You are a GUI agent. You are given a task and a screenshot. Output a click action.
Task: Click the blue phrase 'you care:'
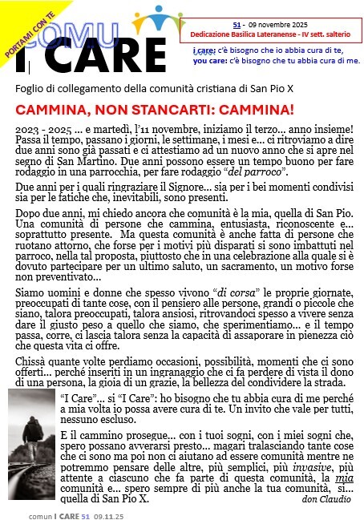click(209, 59)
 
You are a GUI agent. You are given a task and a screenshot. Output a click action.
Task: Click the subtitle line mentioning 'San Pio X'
click(145, 87)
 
